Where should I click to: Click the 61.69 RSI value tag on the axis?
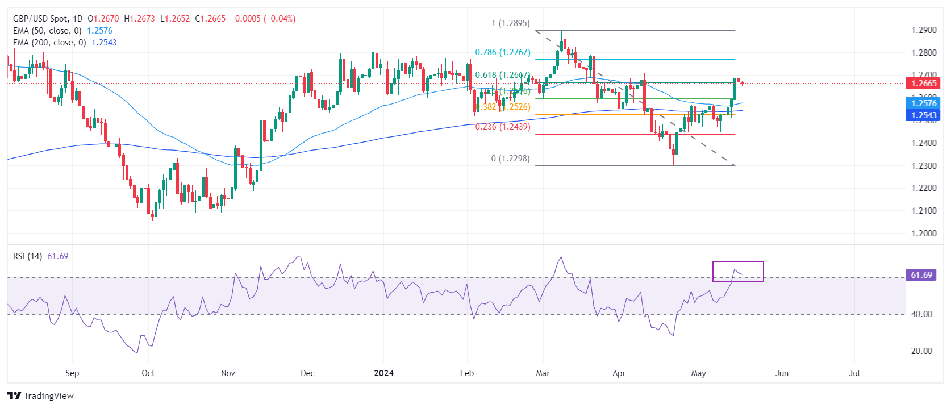921,275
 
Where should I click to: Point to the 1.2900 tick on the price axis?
924,30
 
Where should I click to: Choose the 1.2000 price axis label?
924,234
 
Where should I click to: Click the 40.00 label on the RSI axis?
921,314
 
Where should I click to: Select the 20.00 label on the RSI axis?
921,351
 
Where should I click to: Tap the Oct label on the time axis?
148,373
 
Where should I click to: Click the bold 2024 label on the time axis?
384,373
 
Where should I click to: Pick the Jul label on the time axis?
854,373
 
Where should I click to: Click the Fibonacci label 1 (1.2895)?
510,23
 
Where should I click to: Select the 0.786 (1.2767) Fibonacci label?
503,52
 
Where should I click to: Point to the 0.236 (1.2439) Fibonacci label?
503,127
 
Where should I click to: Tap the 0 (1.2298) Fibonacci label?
510,159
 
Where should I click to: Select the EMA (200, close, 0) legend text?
49,43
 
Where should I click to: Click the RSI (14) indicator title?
28,256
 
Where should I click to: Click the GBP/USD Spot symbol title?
40,19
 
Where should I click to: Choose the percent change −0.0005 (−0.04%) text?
263,19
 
